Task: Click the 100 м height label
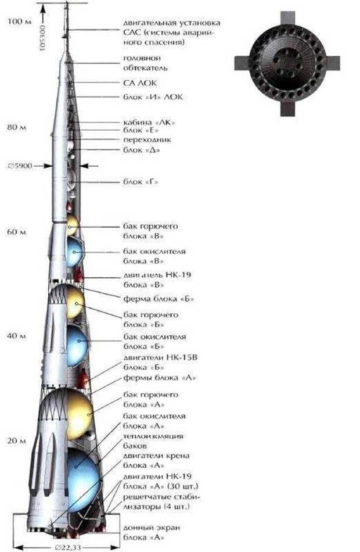point(20,21)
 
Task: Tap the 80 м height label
point(16,127)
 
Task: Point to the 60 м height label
point(16,232)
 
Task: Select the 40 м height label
point(16,336)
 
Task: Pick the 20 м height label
point(16,441)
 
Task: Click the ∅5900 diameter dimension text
point(20,166)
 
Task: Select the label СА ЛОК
point(140,83)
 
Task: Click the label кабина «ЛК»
point(149,123)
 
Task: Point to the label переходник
point(147,140)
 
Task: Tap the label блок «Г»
point(141,182)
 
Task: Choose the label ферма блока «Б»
point(159,299)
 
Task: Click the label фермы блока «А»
point(160,378)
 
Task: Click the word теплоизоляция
point(153,436)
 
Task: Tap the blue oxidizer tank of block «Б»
point(77,342)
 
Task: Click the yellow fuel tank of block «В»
point(72,225)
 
